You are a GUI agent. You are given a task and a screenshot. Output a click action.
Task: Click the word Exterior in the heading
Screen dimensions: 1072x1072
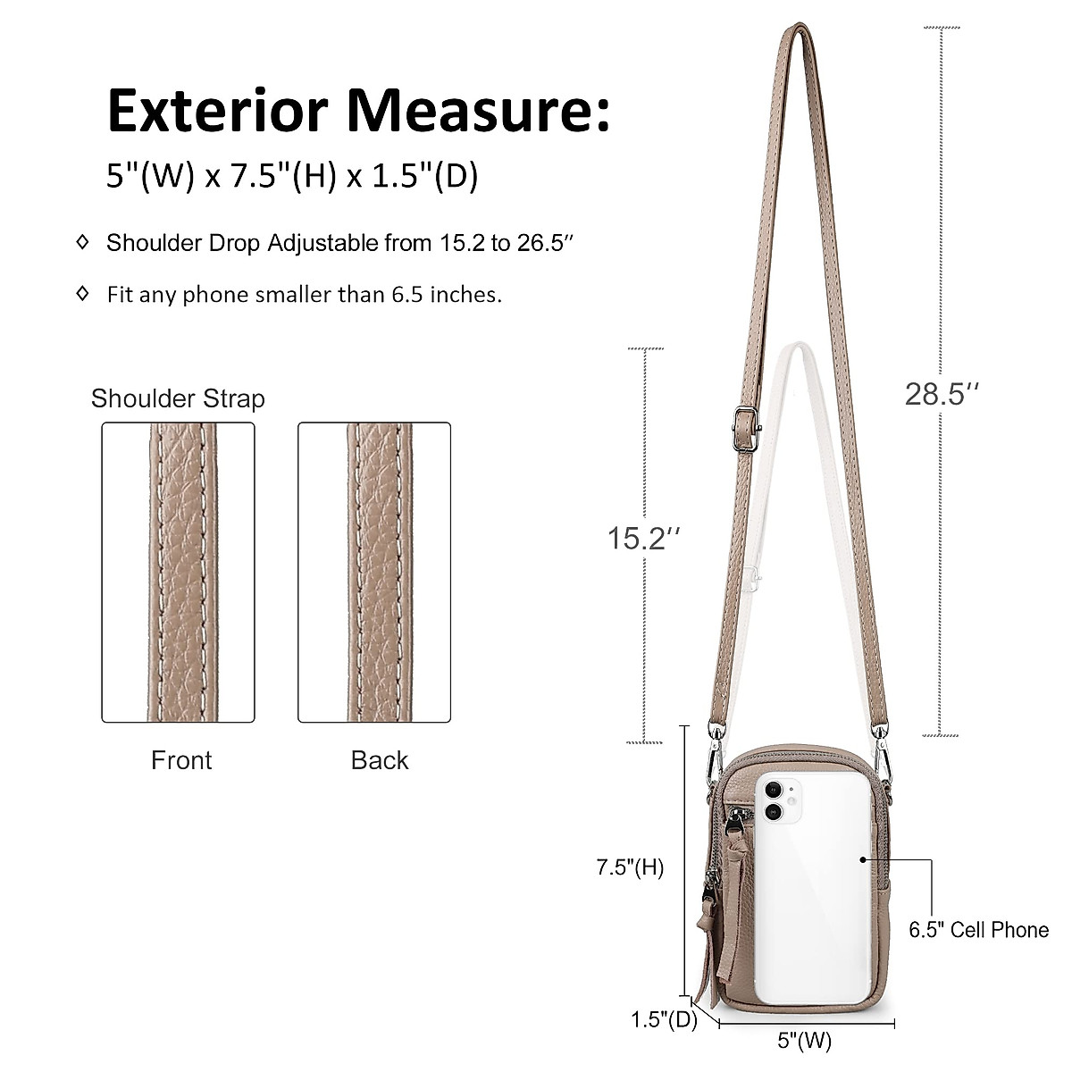pyautogui.click(x=218, y=111)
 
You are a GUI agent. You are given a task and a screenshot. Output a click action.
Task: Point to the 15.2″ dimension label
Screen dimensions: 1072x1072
pyautogui.click(x=643, y=538)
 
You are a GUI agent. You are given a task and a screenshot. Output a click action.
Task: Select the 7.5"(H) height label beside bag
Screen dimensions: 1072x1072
pyautogui.click(x=631, y=867)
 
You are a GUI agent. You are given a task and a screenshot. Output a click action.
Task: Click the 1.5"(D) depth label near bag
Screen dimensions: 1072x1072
pyautogui.click(x=664, y=1019)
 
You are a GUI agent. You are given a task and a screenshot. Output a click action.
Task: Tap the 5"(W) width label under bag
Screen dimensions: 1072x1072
pyautogui.click(x=804, y=1041)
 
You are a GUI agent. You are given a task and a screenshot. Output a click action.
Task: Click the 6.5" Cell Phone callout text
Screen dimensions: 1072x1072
pyautogui.click(x=979, y=930)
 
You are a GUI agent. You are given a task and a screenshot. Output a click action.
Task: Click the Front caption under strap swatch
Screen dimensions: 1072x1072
pyautogui.click(x=181, y=760)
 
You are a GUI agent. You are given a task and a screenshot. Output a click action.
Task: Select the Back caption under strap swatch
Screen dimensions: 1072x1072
pyautogui.click(x=380, y=760)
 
